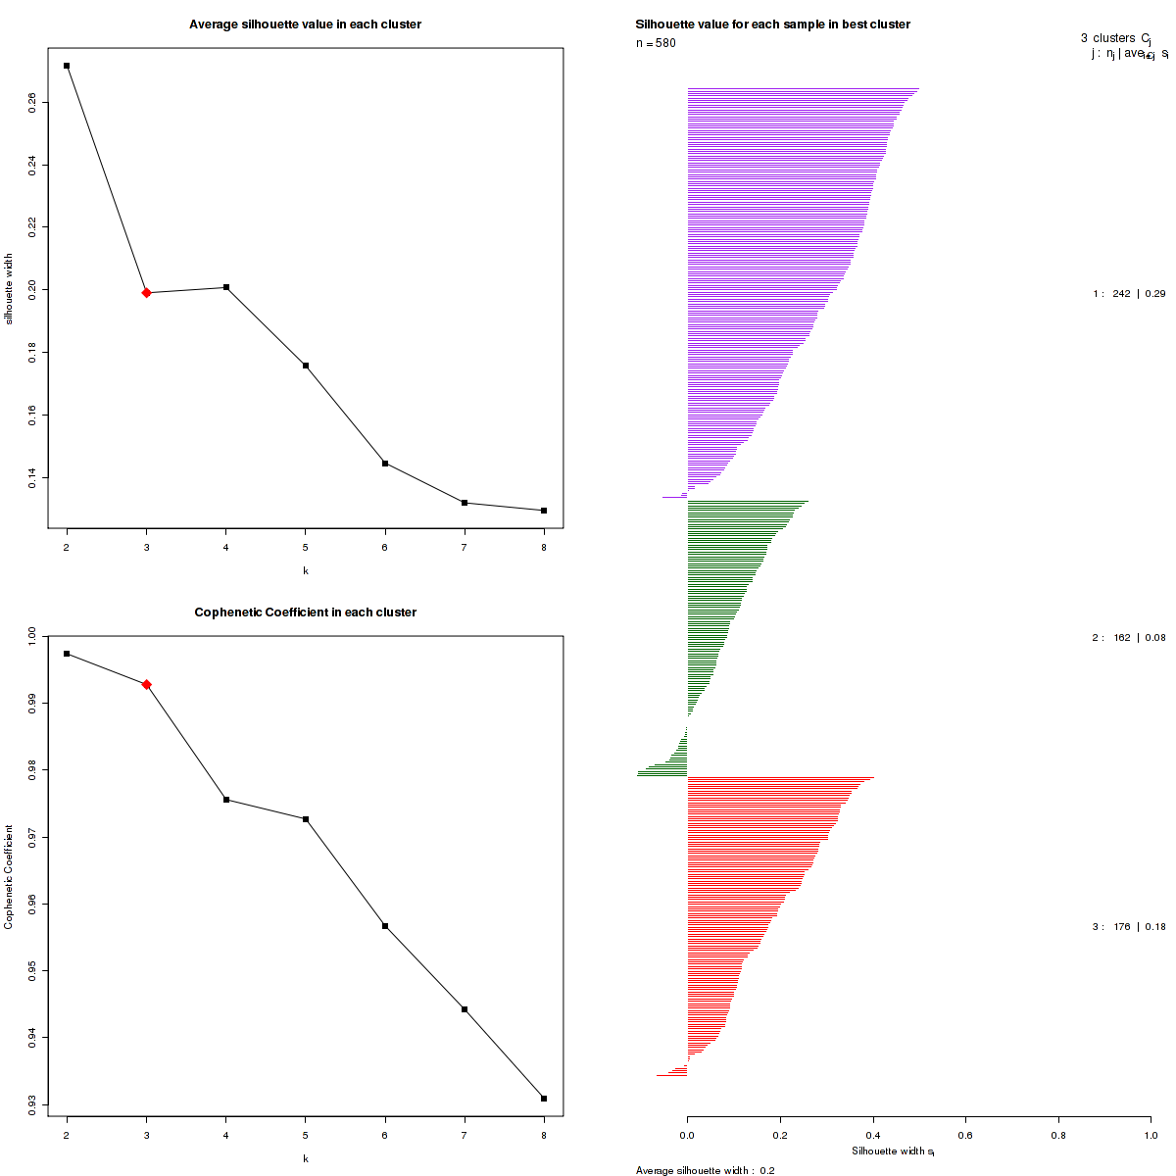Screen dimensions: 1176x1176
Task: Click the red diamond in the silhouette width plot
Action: point(146,292)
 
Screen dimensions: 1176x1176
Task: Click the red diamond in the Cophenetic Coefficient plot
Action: point(146,684)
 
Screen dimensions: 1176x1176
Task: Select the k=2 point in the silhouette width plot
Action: point(67,66)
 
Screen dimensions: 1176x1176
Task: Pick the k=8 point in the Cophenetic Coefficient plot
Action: point(544,1099)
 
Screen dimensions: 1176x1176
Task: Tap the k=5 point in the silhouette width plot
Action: point(306,366)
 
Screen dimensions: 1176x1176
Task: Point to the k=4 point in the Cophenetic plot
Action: point(226,800)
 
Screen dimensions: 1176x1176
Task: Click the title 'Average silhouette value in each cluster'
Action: point(305,24)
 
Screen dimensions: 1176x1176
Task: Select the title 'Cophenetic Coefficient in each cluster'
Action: point(305,612)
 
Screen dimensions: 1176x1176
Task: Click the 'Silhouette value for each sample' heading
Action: point(772,24)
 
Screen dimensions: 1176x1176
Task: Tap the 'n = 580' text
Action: point(656,43)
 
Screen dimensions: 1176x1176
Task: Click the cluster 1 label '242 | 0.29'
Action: point(1129,294)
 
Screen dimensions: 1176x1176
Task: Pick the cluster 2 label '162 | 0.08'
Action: point(1129,638)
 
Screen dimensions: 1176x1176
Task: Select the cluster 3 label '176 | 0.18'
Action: point(1129,927)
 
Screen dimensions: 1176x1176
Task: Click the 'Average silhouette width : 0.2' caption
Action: point(705,1170)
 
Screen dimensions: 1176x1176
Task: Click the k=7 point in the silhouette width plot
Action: point(465,503)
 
